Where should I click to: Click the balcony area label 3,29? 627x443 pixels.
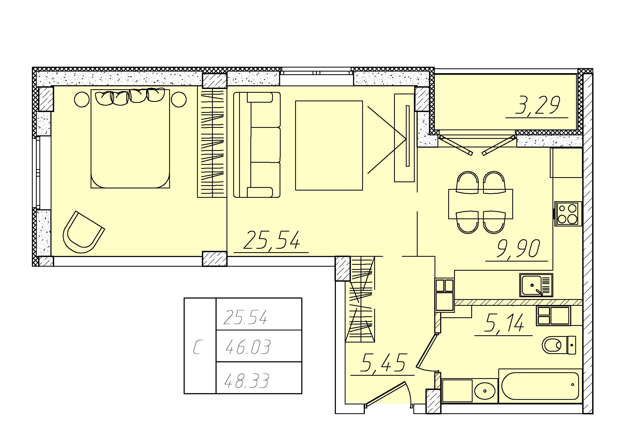coord(537,105)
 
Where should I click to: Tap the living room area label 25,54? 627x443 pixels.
coord(272,240)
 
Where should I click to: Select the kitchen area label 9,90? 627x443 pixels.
coord(518,249)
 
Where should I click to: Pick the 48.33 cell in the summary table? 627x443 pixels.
coord(247,381)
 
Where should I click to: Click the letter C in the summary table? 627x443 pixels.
coord(197,347)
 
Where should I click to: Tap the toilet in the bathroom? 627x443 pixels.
coord(559,345)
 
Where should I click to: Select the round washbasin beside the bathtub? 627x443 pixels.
coord(485,391)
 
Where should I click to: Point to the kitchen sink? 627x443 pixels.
coord(536,285)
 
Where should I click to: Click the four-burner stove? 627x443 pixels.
coord(568,214)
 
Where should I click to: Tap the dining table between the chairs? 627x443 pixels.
coord(481,204)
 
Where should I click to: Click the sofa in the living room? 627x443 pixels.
coord(257,145)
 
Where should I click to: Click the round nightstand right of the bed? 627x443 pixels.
coord(179,99)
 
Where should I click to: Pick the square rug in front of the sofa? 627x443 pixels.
coord(329,145)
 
